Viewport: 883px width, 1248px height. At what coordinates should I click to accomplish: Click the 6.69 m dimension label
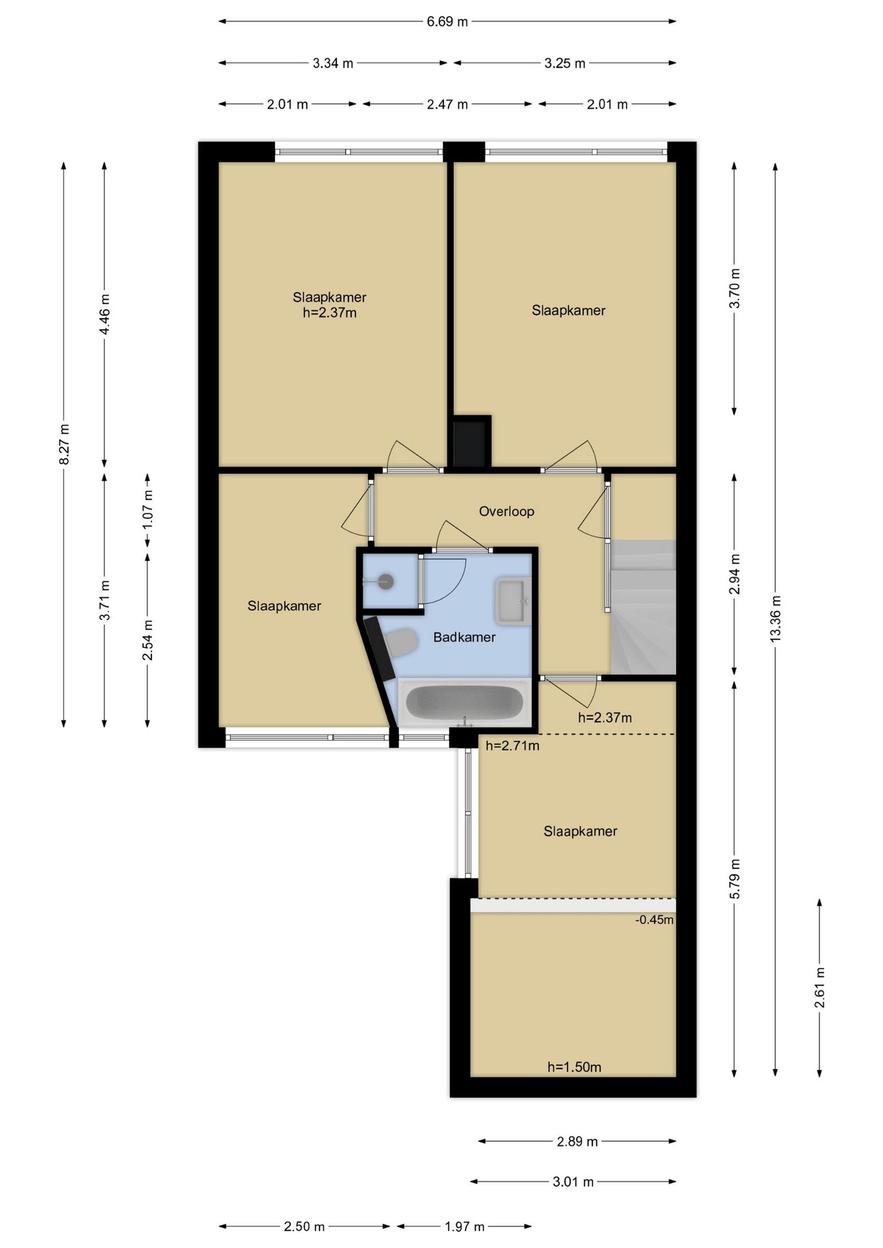(447, 21)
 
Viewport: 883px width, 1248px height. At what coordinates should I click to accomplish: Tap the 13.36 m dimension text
(775, 619)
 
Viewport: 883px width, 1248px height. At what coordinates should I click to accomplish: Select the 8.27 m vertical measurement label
(64, 444)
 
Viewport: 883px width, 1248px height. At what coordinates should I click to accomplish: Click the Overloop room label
(507, 512)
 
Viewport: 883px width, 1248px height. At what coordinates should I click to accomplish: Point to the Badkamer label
(464, 638)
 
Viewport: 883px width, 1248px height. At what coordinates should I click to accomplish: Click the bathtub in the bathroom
(464, 703)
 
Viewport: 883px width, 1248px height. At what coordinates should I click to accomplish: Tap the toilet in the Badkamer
(401, 643)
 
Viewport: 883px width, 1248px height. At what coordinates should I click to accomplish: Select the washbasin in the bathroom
(513, 600)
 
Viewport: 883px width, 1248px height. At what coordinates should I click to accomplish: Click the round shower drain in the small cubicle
(386, 582)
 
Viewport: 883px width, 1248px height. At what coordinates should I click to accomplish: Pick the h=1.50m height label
(574, 1067)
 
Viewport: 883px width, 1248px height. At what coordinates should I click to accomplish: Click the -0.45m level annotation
(654, 920)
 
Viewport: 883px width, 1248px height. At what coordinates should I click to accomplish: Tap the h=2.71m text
(512, 746)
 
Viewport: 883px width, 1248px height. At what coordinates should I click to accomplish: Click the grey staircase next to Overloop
(642, 608)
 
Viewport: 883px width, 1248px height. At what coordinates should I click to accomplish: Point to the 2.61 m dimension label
(819, 987)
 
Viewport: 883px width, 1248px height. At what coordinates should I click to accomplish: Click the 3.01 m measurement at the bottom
(573, 1182)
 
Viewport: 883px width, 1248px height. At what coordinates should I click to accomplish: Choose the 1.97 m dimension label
(464, 1227)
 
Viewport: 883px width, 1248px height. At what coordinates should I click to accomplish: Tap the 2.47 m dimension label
(447, 104)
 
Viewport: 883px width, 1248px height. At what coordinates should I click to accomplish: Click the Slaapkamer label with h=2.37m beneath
(330, 298)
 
